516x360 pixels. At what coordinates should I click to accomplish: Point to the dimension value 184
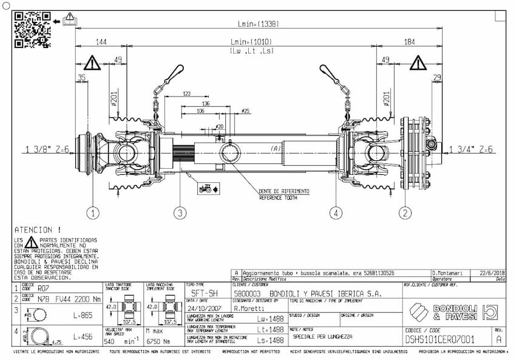410,42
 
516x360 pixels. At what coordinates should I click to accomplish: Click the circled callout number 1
92,213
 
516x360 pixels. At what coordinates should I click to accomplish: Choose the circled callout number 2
405,213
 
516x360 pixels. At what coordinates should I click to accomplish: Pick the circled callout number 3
180,213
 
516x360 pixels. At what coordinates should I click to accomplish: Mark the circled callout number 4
336,213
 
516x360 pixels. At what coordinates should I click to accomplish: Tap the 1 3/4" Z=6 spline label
472,149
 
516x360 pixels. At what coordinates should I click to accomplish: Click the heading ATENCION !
38,230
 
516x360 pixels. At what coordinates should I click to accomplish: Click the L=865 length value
83,316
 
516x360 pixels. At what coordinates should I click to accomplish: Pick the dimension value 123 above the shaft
187,94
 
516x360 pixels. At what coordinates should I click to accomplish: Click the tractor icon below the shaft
205,188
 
